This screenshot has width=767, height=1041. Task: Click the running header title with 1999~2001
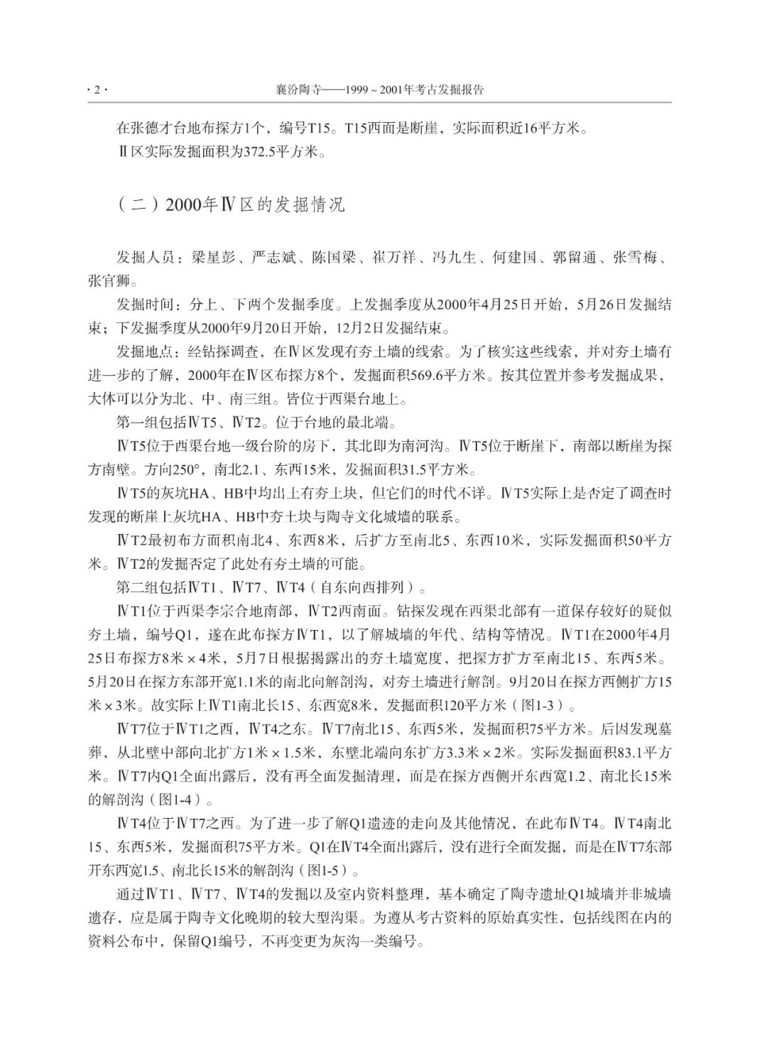(x=379, y=90)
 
